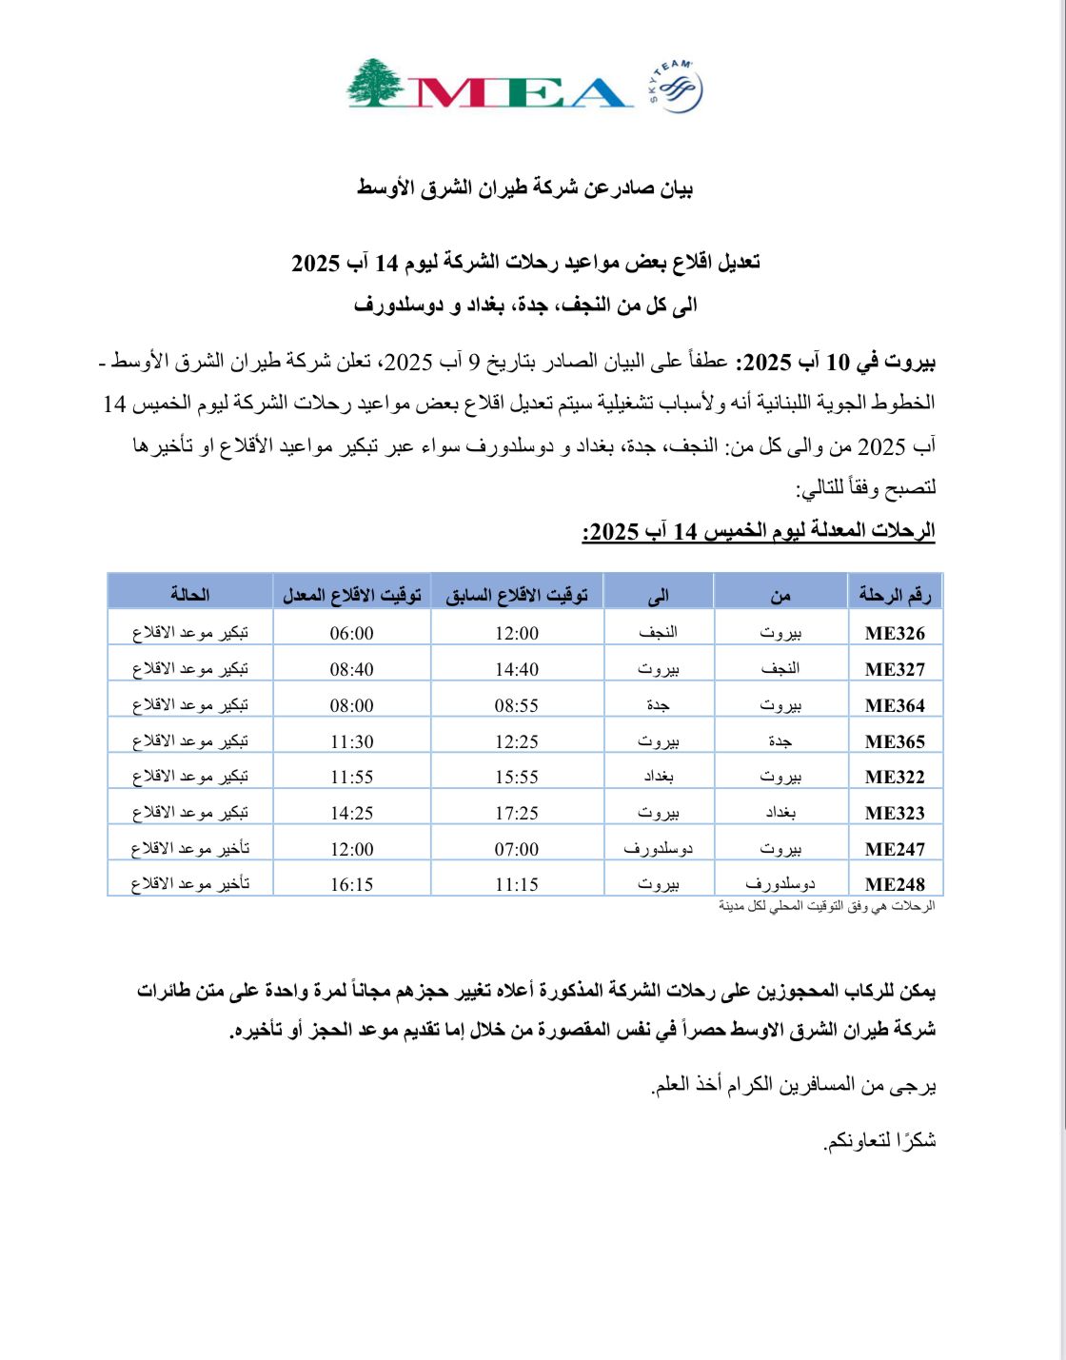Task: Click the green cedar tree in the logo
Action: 376,84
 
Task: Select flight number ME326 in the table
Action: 895,634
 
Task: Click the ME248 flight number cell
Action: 895,885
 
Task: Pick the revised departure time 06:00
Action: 352,634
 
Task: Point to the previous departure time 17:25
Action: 517,814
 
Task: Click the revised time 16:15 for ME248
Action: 352,885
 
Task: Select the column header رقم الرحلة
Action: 895,596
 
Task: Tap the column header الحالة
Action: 190,595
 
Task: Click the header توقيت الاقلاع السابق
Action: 517,596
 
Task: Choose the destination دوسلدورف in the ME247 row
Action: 659,849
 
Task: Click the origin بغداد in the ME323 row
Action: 780,814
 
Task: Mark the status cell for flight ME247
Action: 190,849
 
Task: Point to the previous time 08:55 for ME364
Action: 517,706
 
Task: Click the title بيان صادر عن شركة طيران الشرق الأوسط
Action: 525,188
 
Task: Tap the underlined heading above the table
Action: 759,531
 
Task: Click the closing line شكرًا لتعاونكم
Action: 879,1140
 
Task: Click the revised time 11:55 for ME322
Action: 352,778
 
